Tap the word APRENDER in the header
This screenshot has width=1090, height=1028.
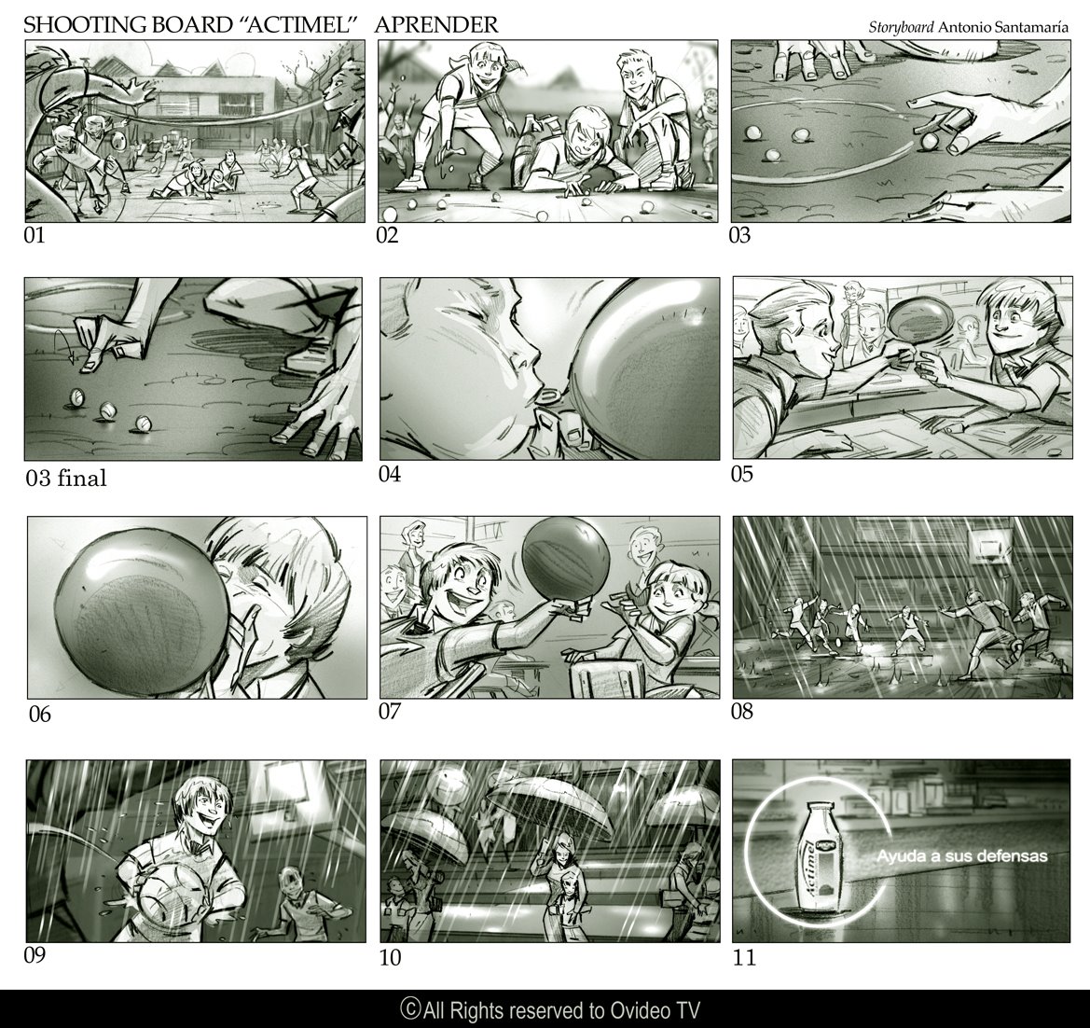(436, 25)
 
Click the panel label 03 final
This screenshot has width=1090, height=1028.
(67, 478)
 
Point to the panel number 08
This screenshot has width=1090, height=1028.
(741, 711)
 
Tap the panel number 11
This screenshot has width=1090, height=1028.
(744, 958)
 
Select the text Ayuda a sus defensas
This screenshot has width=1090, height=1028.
(961, 855)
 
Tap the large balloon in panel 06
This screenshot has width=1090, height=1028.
(141, 612)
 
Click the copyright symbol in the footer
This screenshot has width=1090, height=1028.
(410, 1007)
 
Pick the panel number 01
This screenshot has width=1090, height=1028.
(34, 235)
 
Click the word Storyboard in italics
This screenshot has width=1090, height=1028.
(901, 28)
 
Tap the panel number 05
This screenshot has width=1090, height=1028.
(741, 474)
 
